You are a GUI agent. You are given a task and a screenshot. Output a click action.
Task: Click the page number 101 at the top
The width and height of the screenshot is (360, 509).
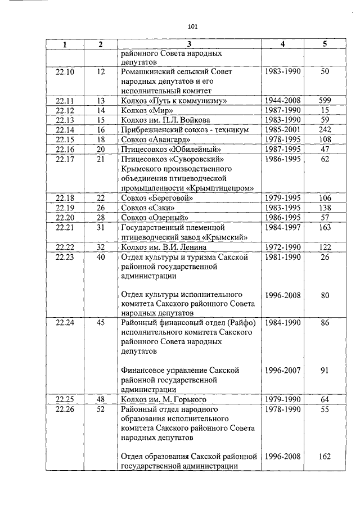[193, 26]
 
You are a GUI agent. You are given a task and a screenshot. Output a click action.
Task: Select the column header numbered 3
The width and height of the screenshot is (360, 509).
[189, 44]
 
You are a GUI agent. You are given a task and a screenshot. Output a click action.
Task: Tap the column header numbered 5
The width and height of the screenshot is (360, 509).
[325, 44]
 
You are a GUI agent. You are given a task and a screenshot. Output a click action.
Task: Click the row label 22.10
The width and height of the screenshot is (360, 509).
[65, 72]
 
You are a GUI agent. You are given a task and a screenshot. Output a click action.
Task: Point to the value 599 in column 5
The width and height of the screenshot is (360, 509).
[325, 101]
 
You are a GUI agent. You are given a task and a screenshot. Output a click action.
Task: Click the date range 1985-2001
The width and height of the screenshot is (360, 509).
[283, 129]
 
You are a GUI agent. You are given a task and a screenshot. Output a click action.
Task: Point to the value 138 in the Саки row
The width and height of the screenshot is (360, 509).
[325, 208]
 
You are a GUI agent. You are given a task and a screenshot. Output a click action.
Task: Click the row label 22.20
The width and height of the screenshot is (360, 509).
[65, 217]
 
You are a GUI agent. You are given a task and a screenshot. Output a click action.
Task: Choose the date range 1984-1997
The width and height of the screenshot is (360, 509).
[283, 227]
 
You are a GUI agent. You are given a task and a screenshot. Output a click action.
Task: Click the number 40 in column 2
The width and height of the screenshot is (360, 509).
[101, 256]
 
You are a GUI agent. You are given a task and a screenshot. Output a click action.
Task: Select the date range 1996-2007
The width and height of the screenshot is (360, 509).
[283, 371]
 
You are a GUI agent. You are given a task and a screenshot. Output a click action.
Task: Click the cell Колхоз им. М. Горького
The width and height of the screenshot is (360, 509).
[164, 400]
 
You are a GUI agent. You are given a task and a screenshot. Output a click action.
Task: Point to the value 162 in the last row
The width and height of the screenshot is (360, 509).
[325, 457]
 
